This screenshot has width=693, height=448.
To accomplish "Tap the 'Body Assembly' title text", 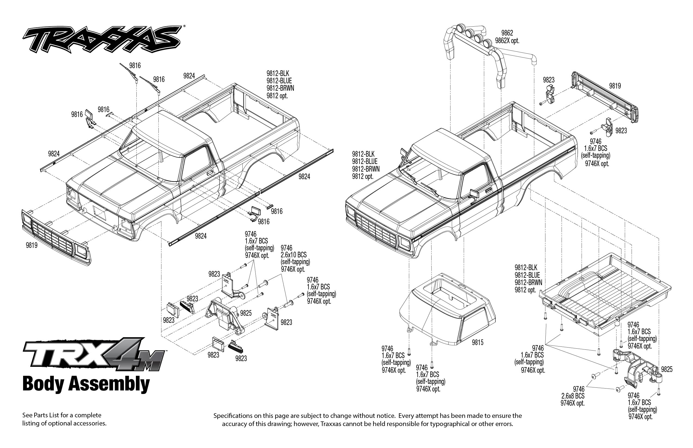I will point(86,384).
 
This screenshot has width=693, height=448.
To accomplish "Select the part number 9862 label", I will point(507,33).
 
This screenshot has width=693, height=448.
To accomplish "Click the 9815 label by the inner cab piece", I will point(477,342).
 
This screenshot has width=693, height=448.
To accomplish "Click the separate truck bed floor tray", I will point(606,294).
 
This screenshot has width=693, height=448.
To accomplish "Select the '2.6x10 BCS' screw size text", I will point(294,255).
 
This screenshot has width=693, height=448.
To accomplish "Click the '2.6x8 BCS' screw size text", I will point(573,396).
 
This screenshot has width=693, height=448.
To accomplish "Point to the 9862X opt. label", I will point(507,41).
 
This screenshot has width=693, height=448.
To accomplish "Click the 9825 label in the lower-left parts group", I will point(246,313).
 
